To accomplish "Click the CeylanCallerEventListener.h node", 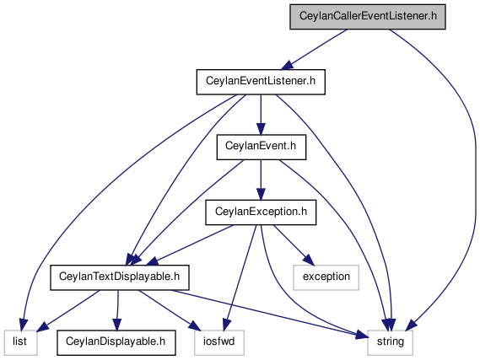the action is point(367,17).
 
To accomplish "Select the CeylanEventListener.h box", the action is point(261,82).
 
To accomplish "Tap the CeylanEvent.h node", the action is point(262,148).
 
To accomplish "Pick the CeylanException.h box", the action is point(261,212).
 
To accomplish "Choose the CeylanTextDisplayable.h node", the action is point(120,277).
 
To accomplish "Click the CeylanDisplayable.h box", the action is point(116,342).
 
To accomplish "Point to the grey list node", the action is point(21,342).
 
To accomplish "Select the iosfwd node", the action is point(219,342).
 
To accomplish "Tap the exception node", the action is point(326,277).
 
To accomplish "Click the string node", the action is point(390,342).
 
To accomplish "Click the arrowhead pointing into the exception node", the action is point(310,260).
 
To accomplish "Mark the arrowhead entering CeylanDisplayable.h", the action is point(117,325).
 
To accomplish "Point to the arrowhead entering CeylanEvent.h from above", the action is point(261,129).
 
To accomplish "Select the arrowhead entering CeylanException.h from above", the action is point(261,194).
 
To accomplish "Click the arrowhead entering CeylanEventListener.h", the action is point(287,66).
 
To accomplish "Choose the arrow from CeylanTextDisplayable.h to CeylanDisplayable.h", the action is point(117,310).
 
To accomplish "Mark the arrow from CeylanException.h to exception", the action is point(294,245).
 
